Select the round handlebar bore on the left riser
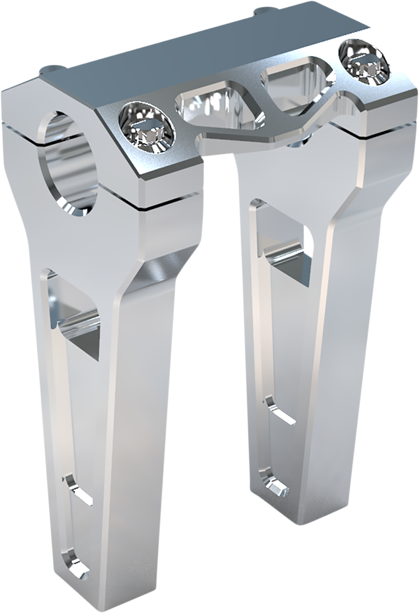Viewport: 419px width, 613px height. coord(71,163)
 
